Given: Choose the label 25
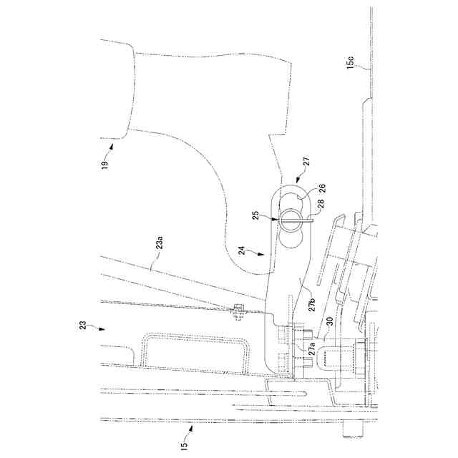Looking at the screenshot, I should pyautogui.click(x=255, y=214).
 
